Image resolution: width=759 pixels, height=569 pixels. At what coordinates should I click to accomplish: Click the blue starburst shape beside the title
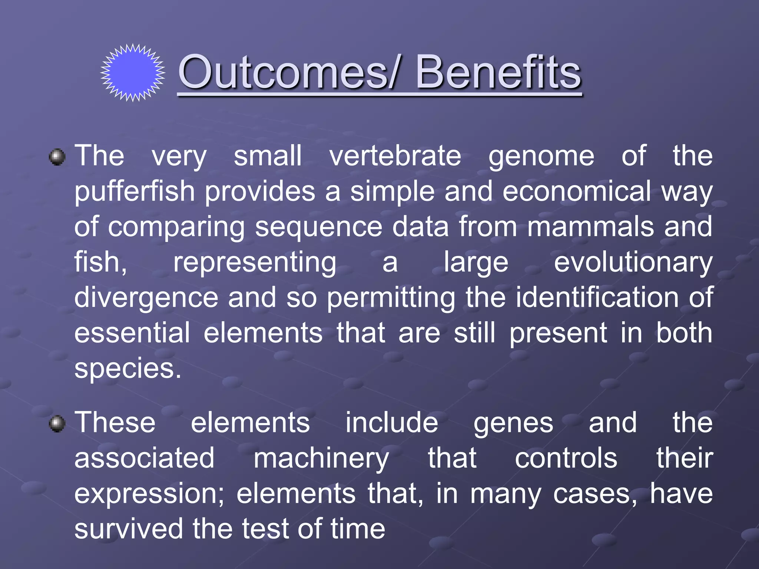[133, 73]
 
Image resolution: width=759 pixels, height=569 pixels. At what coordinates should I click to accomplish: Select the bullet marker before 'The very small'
[57, 157]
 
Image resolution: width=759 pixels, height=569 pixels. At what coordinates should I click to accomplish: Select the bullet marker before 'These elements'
[57, 424]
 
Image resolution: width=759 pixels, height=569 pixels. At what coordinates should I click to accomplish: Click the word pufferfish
[135, 192]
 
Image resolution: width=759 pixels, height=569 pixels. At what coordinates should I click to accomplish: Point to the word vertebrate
[395, 156]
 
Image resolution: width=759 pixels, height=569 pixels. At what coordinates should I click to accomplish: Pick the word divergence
[146, 298]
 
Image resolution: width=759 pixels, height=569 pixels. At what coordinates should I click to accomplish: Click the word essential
[132, 333]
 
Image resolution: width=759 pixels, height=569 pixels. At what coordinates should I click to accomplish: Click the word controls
[566, 458]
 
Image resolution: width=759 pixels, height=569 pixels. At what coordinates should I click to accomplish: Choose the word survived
[128, 529]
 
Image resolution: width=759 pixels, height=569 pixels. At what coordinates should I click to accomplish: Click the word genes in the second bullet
[513, 424]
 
